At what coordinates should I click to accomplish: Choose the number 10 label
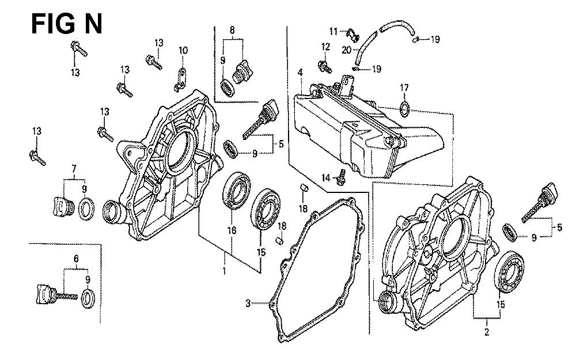(183, 51)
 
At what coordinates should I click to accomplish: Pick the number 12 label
(325, 47)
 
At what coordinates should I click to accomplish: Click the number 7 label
(73, 168)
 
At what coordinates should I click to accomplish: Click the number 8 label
(232, 29)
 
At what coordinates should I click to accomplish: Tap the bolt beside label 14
(341, 180)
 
